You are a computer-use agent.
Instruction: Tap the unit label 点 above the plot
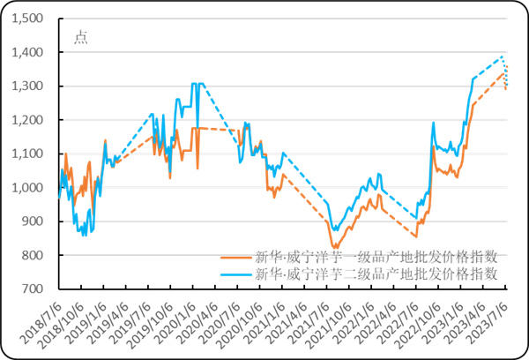pyautogui.click(x=80, y=37)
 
